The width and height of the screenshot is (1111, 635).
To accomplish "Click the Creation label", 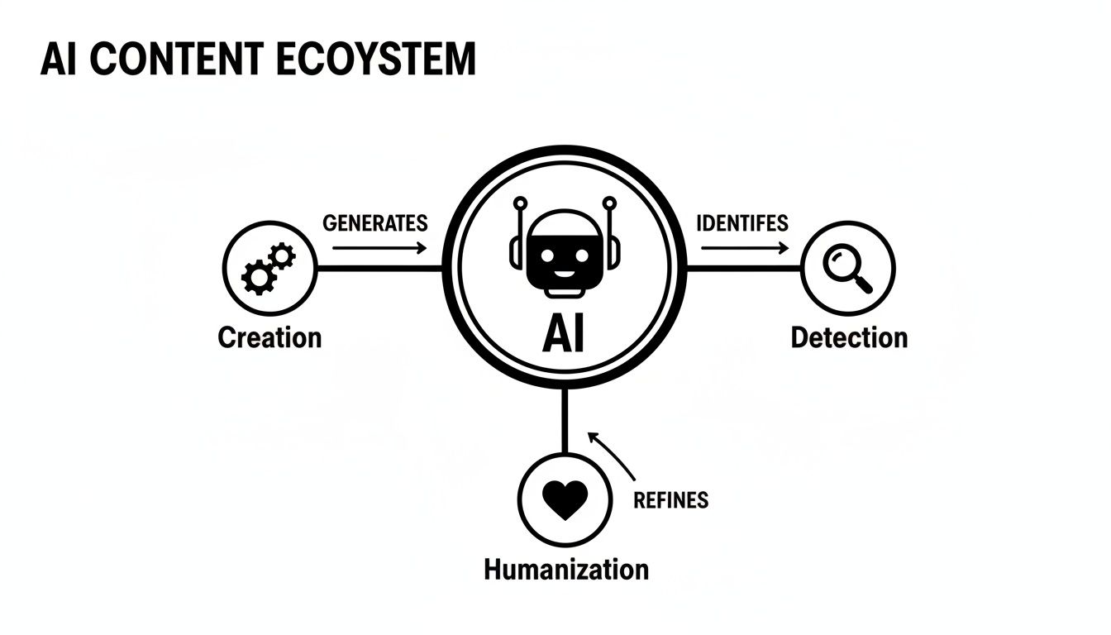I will point(269,337).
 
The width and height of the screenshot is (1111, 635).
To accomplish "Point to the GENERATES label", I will point(374,223).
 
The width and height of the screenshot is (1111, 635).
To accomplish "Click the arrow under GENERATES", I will point(374,246).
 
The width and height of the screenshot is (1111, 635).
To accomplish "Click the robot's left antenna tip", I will point(519,201).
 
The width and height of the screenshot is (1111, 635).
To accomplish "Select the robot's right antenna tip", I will point(609,201).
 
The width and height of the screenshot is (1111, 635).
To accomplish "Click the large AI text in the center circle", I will point(563,334).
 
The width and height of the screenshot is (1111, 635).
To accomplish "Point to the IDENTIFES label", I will point(741,223).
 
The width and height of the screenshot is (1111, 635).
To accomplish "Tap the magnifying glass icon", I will point(848,269).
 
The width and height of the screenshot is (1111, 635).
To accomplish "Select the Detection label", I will point(849,337).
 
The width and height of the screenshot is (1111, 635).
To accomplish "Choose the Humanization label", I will point(566,570).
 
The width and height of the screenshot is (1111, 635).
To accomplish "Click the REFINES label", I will point(670,499).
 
